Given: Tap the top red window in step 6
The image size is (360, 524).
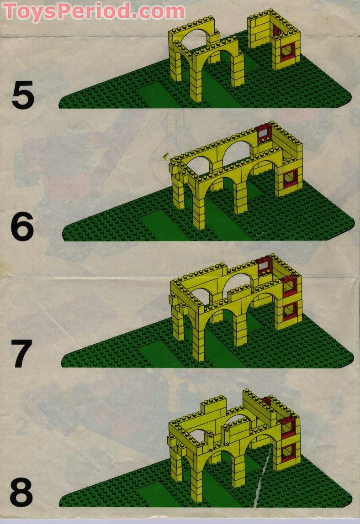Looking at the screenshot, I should (x=265, y=135).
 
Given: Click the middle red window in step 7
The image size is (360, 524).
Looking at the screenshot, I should (x=290, y=286).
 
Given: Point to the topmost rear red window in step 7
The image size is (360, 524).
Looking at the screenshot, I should (x=264, y=266).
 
